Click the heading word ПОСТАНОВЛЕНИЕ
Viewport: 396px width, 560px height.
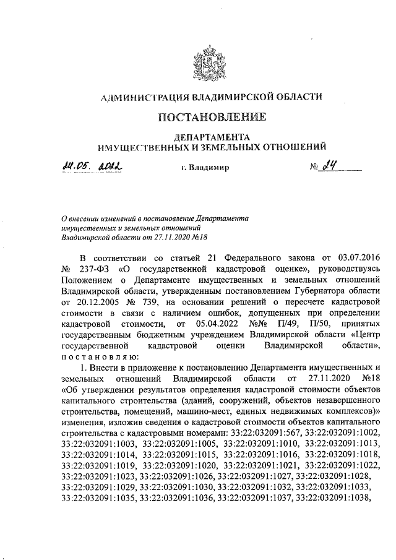tap(212, 117)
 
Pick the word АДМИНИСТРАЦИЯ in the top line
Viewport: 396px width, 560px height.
tap(145, 97)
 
